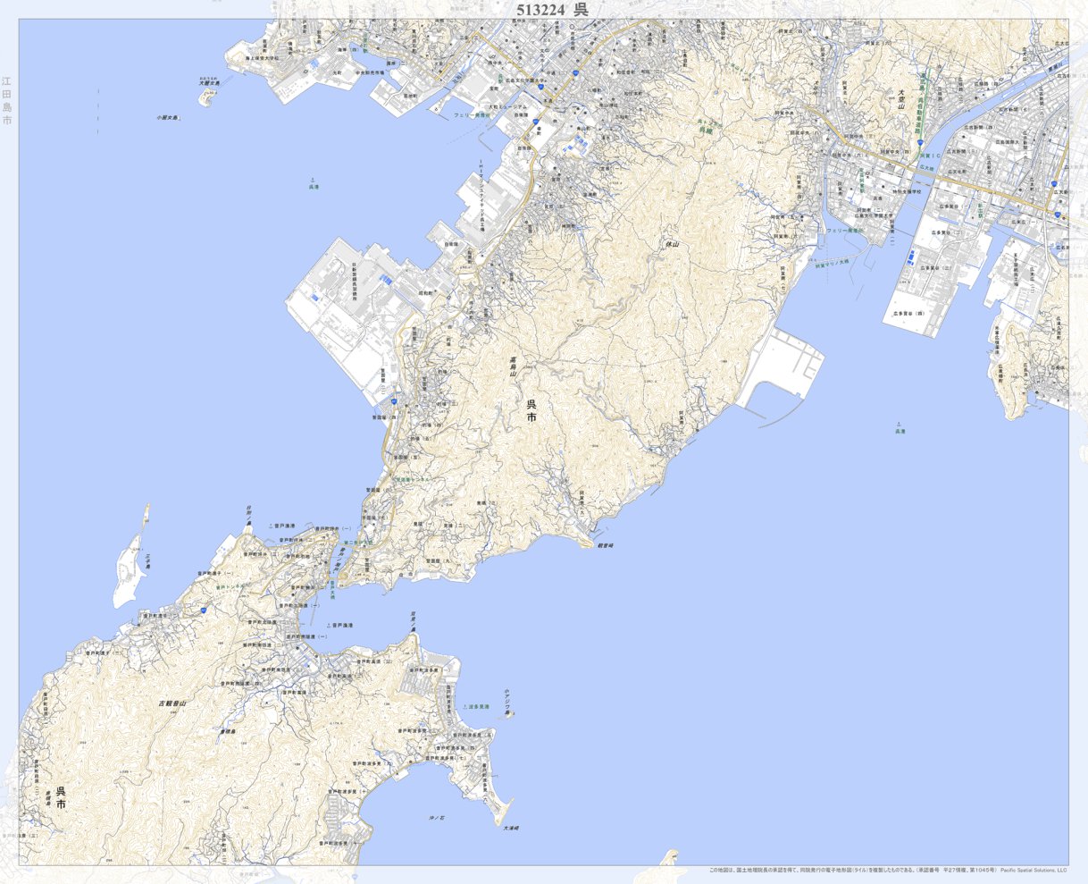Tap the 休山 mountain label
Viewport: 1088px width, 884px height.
(x=672, y=243)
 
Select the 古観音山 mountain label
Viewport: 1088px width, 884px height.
(x=172, y=703)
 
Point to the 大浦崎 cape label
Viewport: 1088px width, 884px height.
(x=510, y=828)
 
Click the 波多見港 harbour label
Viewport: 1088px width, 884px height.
(x=478, y=706)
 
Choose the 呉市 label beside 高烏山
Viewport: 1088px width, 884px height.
(x=531, y=410)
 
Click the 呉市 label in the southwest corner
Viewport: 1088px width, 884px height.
(x=61, y=797)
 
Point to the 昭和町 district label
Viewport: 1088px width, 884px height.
(x=425, y=292)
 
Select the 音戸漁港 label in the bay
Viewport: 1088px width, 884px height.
(x=342, y=625)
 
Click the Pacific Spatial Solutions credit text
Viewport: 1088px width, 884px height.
(x=1034, y=870)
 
